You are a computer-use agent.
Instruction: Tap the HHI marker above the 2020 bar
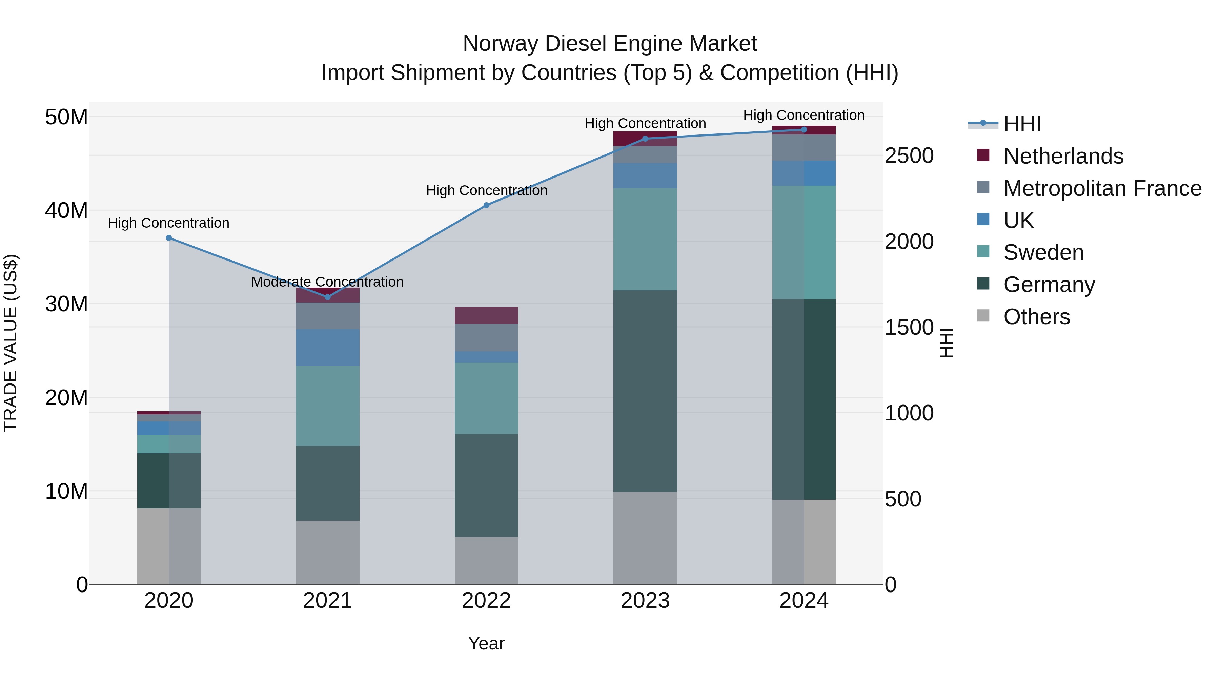pyautogui.click(x=169, y=238)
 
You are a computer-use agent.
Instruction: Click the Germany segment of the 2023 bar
pyautogui.click(x=645, y=391)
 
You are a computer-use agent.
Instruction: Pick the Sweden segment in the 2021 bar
pyautogui.click(x=327, y=406)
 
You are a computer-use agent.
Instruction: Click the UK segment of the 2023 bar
pyautogui.click(x=645, y=175)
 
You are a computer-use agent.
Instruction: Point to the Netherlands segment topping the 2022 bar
pyautogui.click(x=486, y=315)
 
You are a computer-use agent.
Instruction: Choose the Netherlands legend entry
pyautogui.click(x=1063, y=156)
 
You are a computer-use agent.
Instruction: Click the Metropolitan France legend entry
pyautogui.click(x=1102, y=188)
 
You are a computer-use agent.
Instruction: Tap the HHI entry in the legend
pyautogui.click(x=1022, y=124)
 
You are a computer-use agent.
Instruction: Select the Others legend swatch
pyautogui.click(x=983, y=316)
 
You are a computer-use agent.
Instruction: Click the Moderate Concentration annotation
pyautogui.click(x=327, y=282)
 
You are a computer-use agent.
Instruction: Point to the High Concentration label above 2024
pyautogui.click(x=804, y=115)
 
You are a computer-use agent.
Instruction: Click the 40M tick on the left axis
pyautogui.click(x=66, y=210)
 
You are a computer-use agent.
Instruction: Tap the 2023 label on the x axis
pyautogui.click(x=645, y=601)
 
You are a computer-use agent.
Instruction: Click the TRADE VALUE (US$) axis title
pyautogui.click(x=11, y=343)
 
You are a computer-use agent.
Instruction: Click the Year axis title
pyautogui.click(x=486, y=643)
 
